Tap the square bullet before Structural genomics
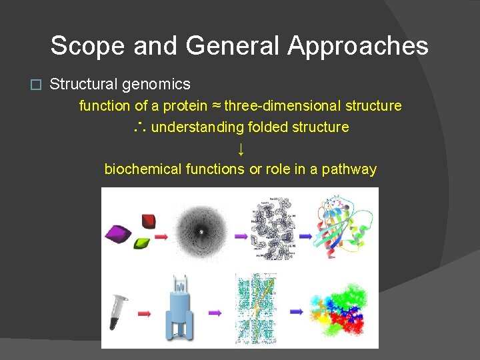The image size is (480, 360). click(37, 85)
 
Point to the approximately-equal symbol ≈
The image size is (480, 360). click(216, 105)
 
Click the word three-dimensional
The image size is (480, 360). click(281, 105)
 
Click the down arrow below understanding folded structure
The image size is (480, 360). click(240, 148)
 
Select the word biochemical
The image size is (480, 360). click(141, 169)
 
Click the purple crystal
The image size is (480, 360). click(121, 234)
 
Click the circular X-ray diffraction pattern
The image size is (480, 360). click(199, 230)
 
